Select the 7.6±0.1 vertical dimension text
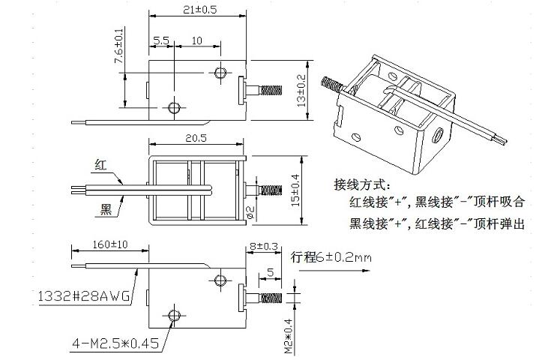pyautogui.click(x=118, y=46)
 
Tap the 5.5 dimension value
pyautogui.click(x=160, y=40)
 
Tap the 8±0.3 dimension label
pyautogui.click(x=264, y=244)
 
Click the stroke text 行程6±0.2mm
pyautogui.click(x=331, y=257)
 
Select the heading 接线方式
pyautogui.click(x=364, y=184)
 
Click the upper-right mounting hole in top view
pyautogui.click(x=220, y=72)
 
